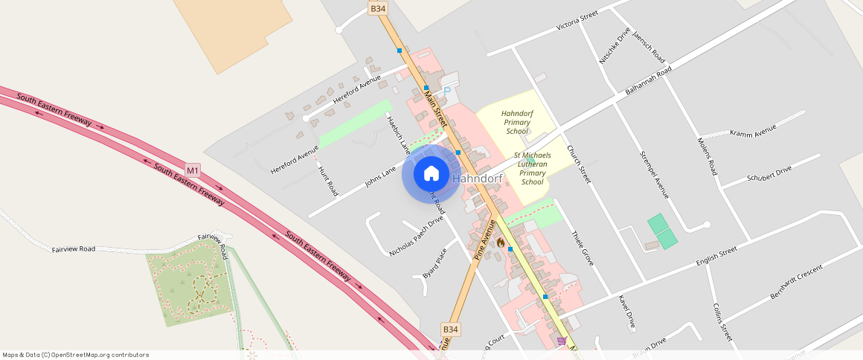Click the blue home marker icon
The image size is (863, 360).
431,174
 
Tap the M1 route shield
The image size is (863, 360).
193,170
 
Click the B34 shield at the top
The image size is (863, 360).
378,8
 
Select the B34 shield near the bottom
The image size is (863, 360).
450,329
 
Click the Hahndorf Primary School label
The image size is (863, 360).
516,122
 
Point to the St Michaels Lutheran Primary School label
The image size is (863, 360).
532,169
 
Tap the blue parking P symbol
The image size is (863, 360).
447,91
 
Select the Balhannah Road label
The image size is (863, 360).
648,80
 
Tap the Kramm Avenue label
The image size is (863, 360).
753,130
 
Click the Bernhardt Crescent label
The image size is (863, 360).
796,283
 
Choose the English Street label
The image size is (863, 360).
716,257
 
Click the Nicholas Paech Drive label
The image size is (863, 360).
416,237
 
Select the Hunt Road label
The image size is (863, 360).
327,181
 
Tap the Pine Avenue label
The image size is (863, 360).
484,240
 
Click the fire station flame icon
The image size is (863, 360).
501,242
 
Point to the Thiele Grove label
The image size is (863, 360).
582,248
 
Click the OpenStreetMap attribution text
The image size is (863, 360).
76,355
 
